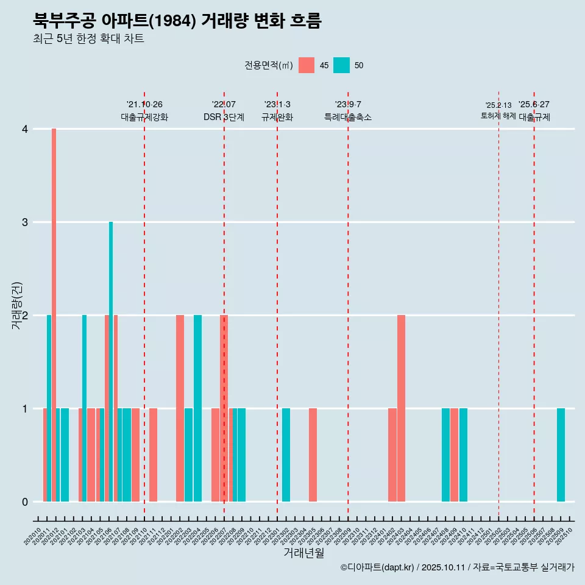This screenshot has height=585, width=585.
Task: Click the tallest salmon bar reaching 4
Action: tap(54, 314)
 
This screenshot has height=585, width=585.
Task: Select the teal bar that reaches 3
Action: tap(111, 361)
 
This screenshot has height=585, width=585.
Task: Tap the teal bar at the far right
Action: tap(561, 455)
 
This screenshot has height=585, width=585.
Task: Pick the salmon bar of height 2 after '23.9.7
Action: tap(401, 408)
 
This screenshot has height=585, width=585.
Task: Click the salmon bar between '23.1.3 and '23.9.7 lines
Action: tap(313, 455)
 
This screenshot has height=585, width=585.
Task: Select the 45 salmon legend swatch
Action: tap(307, 65)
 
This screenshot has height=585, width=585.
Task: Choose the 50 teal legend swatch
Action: tap(341, 65)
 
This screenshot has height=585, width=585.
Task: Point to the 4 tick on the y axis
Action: tap(25, 129)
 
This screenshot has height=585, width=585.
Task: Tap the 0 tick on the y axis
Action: tap(25, 502)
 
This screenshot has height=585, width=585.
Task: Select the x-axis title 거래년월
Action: tap(303, 553)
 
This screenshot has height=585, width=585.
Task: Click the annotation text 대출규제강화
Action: tap(144, 117)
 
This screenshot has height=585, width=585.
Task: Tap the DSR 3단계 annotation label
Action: tap(224, 117)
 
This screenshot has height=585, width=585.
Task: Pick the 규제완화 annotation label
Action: tap(277, 117)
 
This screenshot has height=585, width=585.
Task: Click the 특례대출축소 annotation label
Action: tap(347, 117)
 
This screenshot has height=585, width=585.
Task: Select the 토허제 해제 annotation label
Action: tap(498, 116)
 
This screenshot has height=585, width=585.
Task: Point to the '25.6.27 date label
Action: tap(534, 104)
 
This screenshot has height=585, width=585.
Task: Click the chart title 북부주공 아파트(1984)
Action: tap(177, 21)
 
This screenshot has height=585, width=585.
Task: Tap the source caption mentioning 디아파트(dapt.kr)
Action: tap(457, 567)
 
